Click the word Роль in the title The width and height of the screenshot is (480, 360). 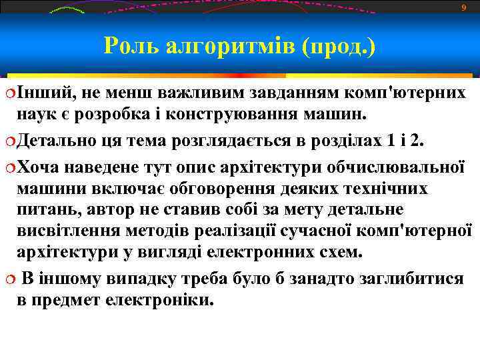(x=130, y=46)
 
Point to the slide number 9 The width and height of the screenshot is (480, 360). (x=464, y=8)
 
